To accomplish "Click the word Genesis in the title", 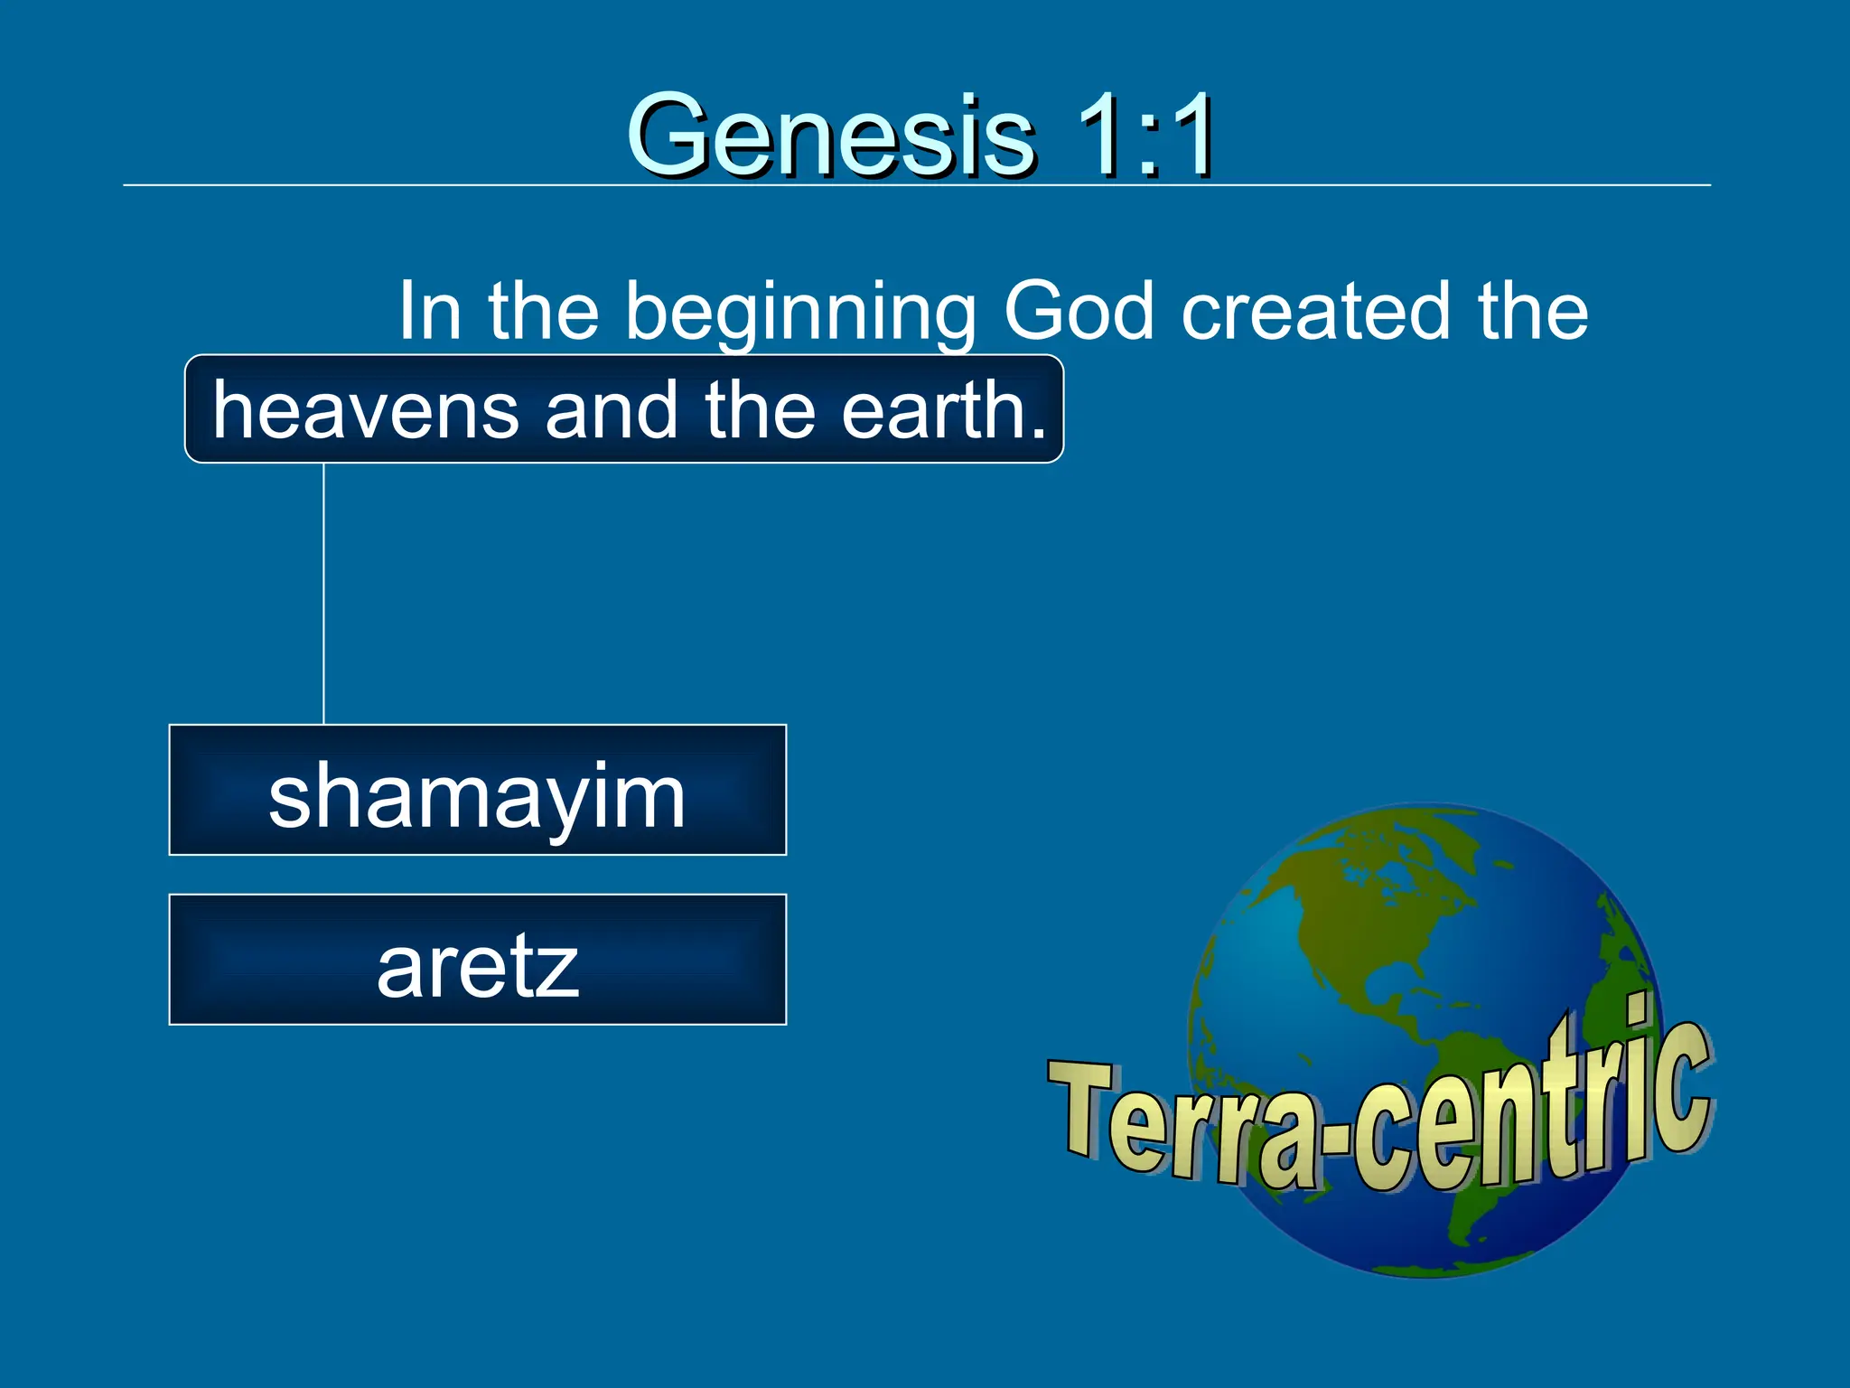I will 830,136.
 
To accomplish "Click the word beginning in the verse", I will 800,312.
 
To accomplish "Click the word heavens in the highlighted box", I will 365,411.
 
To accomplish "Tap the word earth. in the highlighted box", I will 944,411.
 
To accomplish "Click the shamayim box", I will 477,790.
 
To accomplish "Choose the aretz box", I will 477,960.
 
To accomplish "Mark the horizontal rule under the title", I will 916,185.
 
